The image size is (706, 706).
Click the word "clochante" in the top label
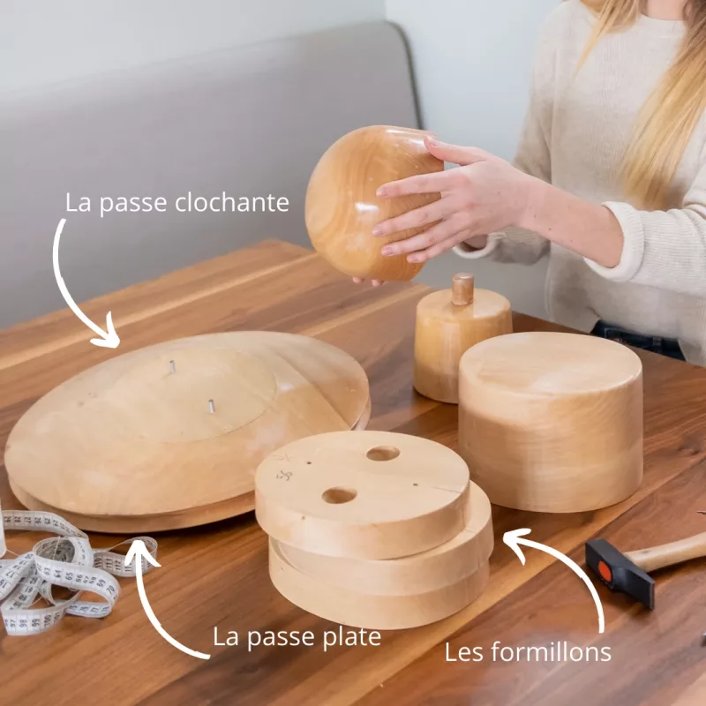pyautogui.click(x=232, y=202)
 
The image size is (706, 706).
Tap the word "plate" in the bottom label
pyautogui.click(x=351, y=637)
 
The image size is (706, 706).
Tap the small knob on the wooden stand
pyautogui.click(x=462, y=289)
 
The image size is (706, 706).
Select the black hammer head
pyautogui.click(x=620, y=571)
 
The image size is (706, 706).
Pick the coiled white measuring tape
pyautogui.click(x=63, y=572)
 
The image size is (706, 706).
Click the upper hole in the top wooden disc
pyautogui.click(x=383, y=454)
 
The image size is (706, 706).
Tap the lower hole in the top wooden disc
pyautogui.click(x=339, y=495)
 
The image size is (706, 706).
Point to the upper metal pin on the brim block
pyautogui.click(x=172, y=366)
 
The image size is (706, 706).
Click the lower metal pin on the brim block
pyautogui.click(x=211, y=406)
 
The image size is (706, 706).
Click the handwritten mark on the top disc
pyautogui.click(x=284, y=475)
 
